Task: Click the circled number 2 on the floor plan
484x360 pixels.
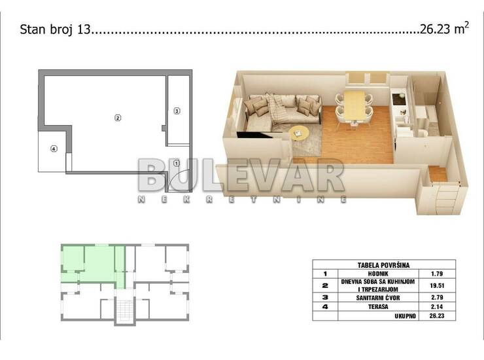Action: (x=118, y=117)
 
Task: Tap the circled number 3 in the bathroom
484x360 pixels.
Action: (x=177, y=111)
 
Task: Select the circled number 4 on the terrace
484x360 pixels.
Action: (x=54, y=149)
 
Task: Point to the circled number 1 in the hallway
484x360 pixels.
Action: (x=176, y=162)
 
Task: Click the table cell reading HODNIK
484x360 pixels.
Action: (x=378, y=274)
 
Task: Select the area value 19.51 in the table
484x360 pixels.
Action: (x=437, y=285)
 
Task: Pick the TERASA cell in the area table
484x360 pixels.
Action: (x=378, y=307)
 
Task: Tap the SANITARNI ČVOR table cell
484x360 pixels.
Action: (x=378, y=298)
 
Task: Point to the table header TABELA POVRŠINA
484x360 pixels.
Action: (x=384, y=265)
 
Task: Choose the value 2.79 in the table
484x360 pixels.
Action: (x=437, y=297)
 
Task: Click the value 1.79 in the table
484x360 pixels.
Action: (x=437, y=274)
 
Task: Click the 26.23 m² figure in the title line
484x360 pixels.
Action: (x=444, y=28)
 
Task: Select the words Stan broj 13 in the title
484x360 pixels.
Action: (x=55, y=29)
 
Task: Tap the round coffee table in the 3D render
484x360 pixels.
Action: (x=299, y=133)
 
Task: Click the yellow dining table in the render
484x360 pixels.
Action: (x=354, y=105)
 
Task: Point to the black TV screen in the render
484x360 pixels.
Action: (x=254, y=135)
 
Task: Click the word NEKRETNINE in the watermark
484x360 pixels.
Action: (x=242, y=200)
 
